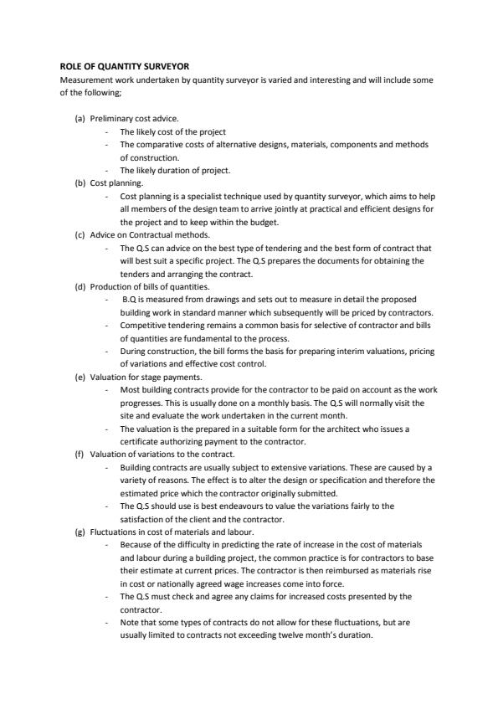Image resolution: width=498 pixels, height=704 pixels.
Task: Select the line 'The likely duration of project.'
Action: click(175, 170)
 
